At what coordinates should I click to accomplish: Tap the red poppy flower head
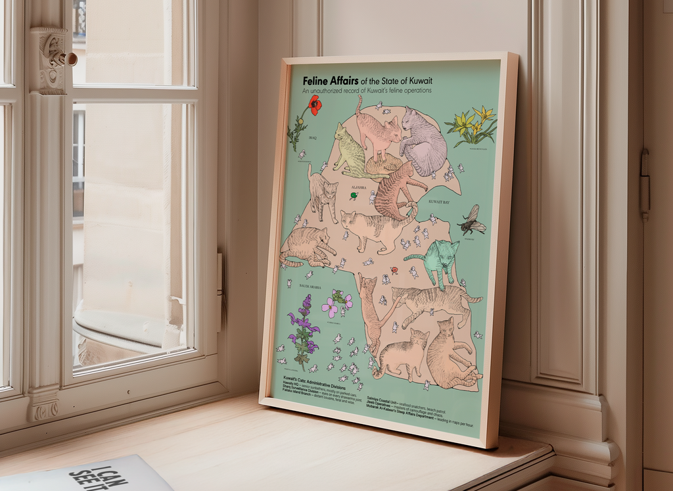pos(315,105)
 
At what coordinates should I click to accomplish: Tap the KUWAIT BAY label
pos(438,202)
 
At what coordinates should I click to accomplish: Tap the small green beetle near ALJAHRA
pos(354,195)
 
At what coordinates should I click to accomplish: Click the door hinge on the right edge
pos(645,184)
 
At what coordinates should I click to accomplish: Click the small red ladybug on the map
pos(394,270)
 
